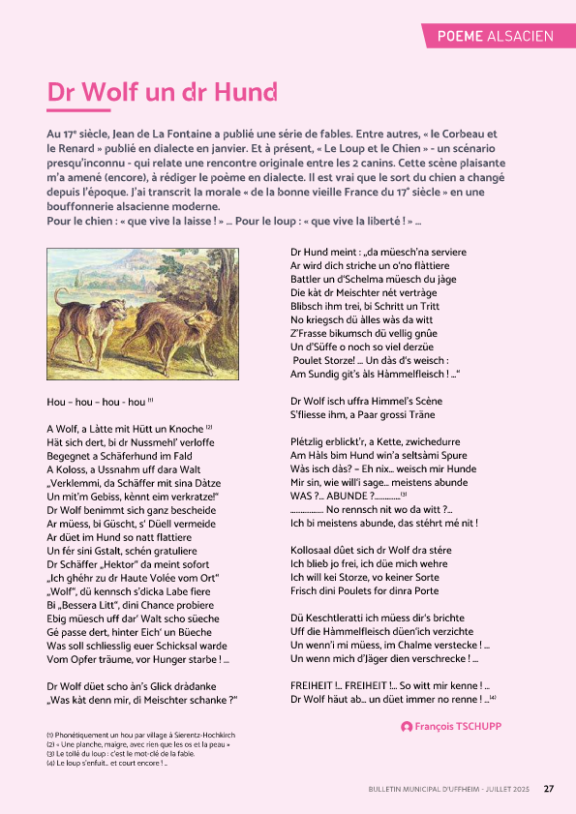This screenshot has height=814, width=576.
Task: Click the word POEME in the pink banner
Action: (460, 36)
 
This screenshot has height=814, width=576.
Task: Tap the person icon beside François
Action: (407, 726)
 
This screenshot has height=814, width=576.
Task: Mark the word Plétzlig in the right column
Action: (310, 441)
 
